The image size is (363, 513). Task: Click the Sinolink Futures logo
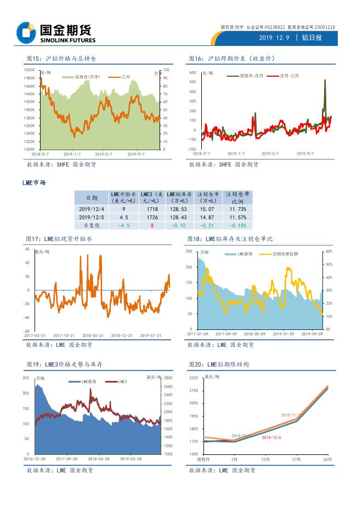(55, 33)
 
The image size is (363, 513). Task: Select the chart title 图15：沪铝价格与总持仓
(61, 59)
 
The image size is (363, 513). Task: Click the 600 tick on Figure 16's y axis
(192, 72)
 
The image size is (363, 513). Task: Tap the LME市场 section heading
(33, 183)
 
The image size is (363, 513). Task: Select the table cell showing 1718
(151, 209)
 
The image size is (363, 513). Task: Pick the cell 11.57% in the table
(237, 217)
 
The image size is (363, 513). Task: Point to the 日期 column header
(92, 197)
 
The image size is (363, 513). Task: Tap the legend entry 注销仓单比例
(285, 254)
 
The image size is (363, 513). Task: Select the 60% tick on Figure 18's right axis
(329, 251)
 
